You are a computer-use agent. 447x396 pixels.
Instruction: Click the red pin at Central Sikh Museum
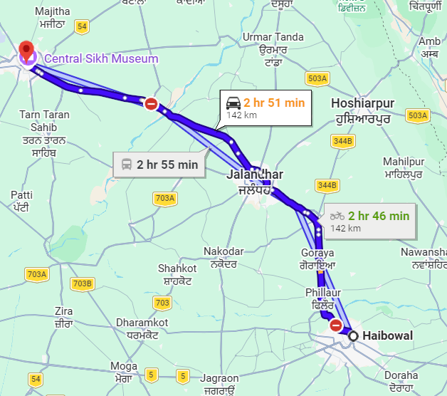tap(27, 51)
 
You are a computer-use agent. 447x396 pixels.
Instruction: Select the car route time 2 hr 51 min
tap(273, 103)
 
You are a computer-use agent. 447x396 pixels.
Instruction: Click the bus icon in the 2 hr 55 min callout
tap(127, 165)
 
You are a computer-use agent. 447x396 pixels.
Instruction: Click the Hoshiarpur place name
tap(362, 103)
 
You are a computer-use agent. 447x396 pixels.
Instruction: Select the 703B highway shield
tap(83, 284)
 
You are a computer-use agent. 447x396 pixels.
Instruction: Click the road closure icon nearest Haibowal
tap(335, 325)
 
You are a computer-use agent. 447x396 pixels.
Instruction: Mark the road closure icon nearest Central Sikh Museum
tap(151, 104)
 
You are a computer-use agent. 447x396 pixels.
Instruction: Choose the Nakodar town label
tap(223, 251)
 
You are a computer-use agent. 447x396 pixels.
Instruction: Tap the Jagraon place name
tap(219, 378)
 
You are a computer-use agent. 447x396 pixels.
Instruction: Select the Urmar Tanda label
tap(273, 37)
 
